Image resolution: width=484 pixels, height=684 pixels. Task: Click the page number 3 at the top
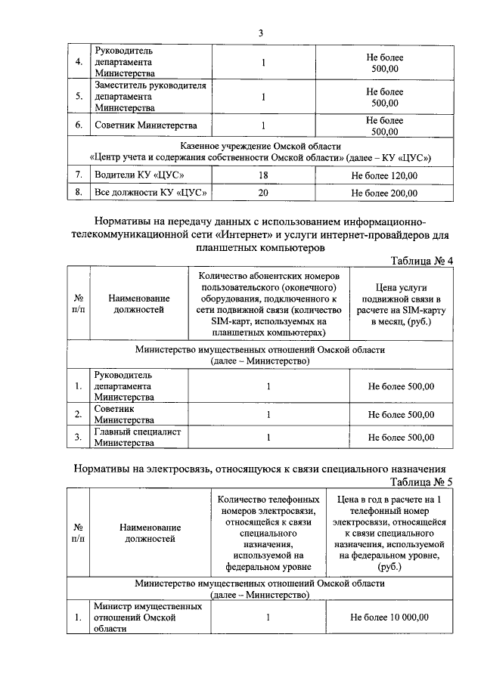(261, 33)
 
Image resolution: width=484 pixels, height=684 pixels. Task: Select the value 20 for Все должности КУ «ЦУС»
(263, 193)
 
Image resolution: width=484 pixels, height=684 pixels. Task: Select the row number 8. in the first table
(78, 193)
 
